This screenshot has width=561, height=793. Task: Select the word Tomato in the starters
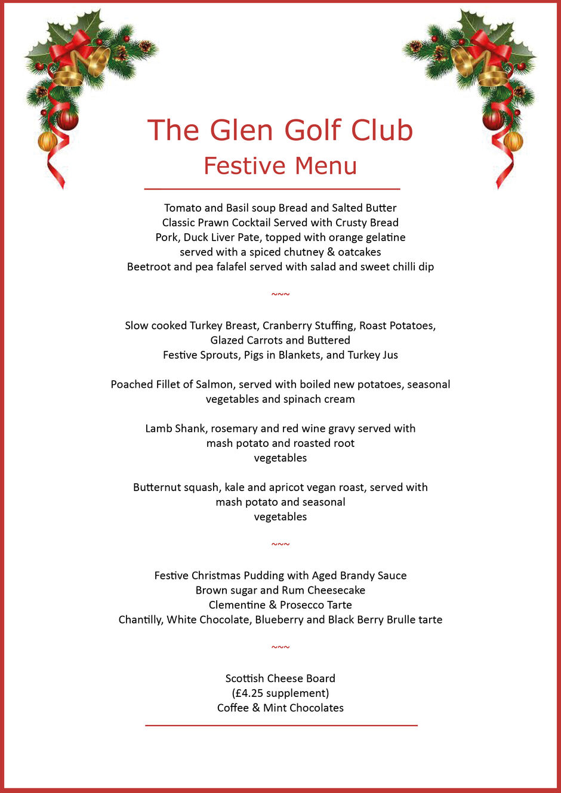tap(183, 208)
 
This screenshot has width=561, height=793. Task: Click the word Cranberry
tap(288, 326)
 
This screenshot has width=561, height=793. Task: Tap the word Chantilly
tap(140, 620)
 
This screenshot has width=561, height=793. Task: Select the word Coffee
tap(233, 708)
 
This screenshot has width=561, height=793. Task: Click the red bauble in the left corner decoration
tap(67, 120)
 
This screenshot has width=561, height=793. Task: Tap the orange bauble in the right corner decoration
tap(513, 141)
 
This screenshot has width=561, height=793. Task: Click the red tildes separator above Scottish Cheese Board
tap(280, 648)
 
